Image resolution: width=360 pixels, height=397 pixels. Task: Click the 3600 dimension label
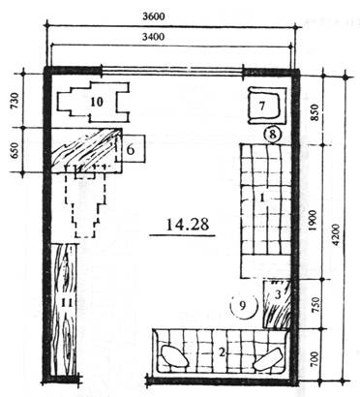pos(154,16)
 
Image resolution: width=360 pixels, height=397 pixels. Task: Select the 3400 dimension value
pos(153,37)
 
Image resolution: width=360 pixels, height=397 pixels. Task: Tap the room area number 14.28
pos(188,224)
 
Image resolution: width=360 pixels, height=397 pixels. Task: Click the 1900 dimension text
pos(314,221)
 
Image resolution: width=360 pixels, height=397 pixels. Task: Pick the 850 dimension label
pos(315,112)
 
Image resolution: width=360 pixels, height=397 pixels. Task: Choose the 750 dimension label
pos(315,305)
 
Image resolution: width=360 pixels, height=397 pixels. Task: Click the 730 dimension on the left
pos(15,101)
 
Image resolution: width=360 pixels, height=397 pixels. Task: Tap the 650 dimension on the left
pos(15,150)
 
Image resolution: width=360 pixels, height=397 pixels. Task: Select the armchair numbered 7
pos(267,106)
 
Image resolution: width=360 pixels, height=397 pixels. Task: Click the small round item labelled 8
pos(273,135)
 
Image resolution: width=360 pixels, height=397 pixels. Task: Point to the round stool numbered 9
pos(244,306)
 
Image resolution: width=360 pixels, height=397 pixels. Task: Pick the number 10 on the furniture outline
pos(97,102)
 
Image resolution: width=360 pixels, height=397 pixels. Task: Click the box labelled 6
pos(131,148)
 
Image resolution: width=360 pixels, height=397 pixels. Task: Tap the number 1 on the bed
pos(262,198)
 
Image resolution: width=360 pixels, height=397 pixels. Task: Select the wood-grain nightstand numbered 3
pos(277,304)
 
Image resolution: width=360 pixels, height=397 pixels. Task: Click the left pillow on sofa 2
pos(174,356)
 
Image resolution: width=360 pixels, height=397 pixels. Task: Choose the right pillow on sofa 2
pos(268,359)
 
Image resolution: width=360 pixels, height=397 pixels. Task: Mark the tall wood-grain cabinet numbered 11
pos(65,309)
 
